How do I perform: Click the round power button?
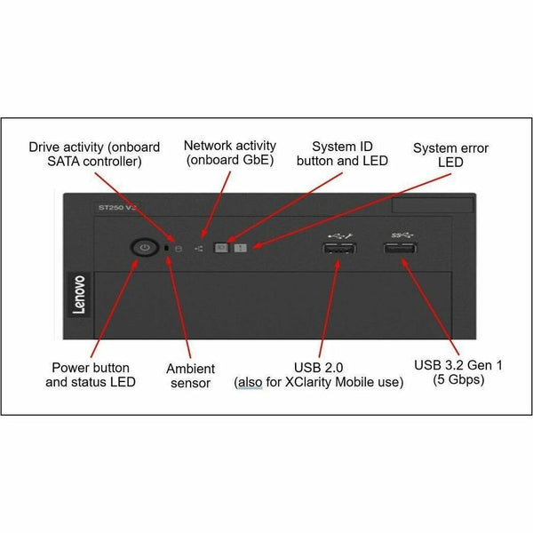point(145,247)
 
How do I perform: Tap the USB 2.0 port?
point(339,249)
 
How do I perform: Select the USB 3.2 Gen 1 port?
point(400,249)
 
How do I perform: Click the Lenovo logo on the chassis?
point(79,295)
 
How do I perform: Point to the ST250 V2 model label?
point(116,207)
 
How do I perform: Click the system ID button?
point(221,248)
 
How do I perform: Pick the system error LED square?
point(241,248)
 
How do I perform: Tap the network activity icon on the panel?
point(198,249)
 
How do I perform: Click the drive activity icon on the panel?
point(179,249)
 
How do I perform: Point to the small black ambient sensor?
point(167,248)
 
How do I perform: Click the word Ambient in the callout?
point(190,369)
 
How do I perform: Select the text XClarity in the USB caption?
point(308,382)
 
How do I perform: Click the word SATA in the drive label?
point(63,161)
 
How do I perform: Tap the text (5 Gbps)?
point(458,379)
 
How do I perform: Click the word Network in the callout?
point(208,146)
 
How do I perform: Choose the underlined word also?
point(251,382)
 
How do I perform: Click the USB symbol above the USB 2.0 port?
point(340,235)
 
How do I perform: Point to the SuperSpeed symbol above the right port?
point(402,235)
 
